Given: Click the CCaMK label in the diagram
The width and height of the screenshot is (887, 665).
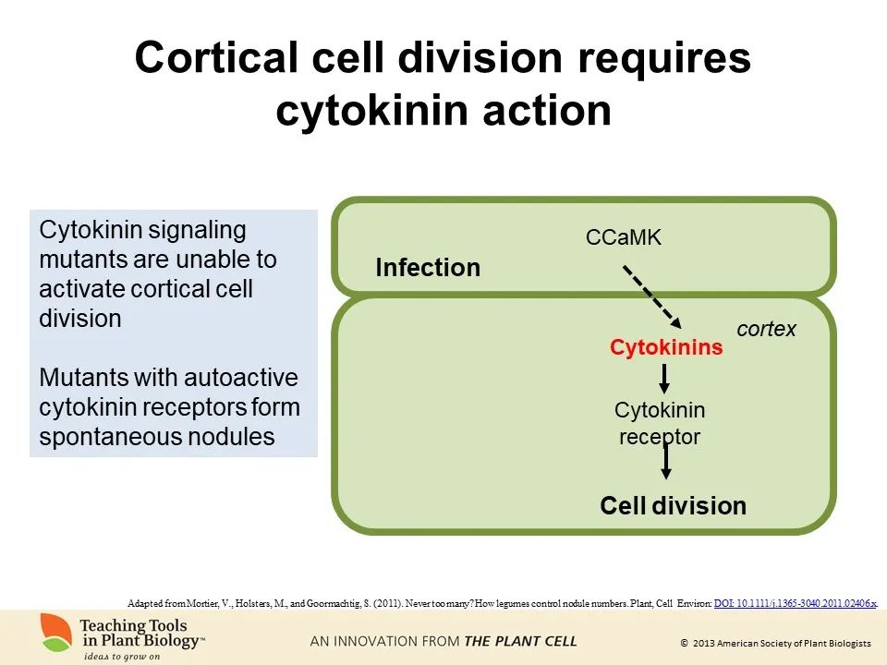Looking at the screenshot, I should pos(624,237).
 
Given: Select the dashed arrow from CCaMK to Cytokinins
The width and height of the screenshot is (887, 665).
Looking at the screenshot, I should pos(651,296).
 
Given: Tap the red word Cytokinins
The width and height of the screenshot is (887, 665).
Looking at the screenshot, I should pos(665,347).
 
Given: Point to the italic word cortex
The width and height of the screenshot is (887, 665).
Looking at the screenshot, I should pos(766,329).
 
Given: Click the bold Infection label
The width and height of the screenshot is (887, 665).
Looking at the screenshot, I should pos(428,268).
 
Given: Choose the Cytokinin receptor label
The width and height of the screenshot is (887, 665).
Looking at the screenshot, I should pos(659,422).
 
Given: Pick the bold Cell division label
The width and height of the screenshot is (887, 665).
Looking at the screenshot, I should pos(673,505).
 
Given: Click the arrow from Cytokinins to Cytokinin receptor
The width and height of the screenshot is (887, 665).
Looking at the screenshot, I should pos(663,378).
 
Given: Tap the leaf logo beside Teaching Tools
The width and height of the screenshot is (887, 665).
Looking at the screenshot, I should pos(56,632).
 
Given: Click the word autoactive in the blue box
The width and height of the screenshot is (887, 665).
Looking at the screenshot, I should pos(240,378).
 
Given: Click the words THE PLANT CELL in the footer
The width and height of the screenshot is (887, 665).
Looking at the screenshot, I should pos(520,641).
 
